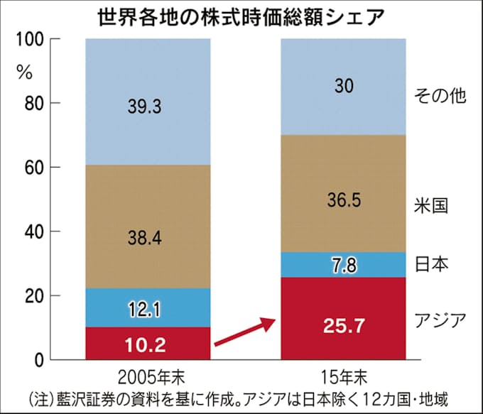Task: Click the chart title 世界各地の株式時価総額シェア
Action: [242, 16]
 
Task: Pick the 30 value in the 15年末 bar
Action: [344, 87]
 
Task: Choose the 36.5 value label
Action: [344, 200]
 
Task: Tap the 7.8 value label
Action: [344, 266]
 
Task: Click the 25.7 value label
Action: [344, 327]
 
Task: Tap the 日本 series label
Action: [430, 264]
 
